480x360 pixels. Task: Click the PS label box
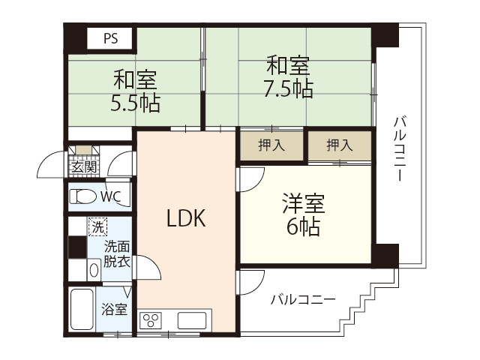110,37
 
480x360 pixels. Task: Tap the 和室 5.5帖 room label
135,90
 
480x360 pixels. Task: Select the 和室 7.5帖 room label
288,77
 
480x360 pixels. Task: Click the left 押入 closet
271,145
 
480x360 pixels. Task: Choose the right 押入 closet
339,145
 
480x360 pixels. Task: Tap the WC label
111,197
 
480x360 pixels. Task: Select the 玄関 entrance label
83,166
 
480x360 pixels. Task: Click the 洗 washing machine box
97,224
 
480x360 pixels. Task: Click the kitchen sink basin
193,320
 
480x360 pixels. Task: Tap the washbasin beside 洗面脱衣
94,269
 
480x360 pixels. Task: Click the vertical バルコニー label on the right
399,148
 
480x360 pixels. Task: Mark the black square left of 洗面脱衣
76,247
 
